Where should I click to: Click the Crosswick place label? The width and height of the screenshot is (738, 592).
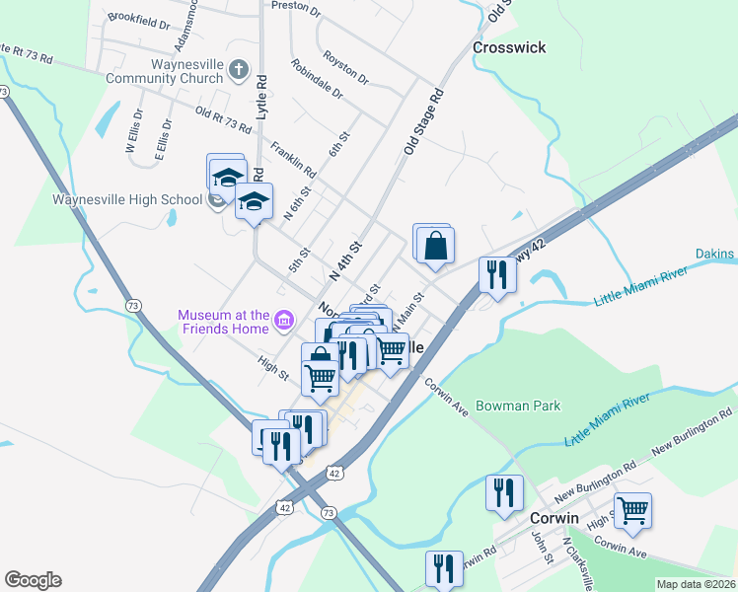tap(509, 47)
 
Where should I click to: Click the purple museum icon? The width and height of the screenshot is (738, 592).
tap(284, 319)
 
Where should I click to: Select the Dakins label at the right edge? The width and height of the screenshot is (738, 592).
tap(714, 256)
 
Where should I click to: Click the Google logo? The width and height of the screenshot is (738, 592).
tap(33, 580)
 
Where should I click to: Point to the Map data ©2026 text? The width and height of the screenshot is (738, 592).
tap(696, 584)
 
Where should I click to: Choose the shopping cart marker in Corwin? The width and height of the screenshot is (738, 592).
tap(632, 510)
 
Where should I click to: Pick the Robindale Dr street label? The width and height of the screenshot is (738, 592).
tap(317, 79)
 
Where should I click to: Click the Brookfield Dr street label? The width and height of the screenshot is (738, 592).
tap(133, 18)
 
